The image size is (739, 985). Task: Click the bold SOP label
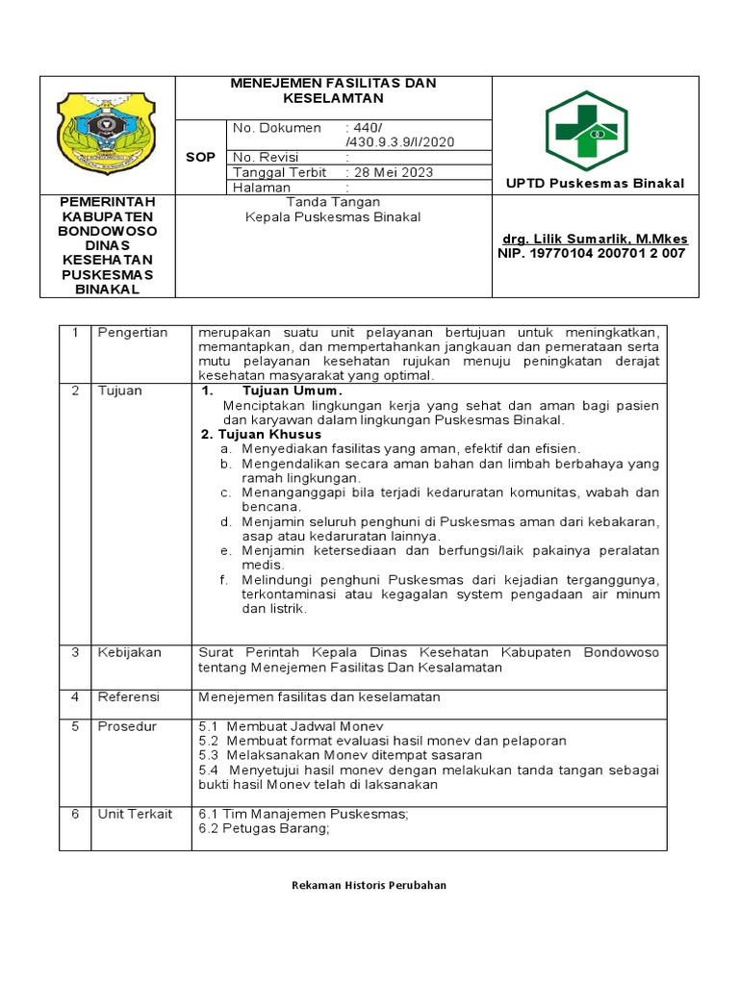pyautogui.click(x=200, y=157)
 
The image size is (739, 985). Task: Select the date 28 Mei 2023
pyautogui.click(x=393, y=172)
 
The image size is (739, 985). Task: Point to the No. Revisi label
pyautogui.click(x=267, y=157)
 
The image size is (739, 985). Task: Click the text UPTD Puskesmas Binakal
pyautogui.click(x=596, y=184)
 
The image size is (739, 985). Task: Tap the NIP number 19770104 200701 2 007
pyautogui.click(x=591, y=253)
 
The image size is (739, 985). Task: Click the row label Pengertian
pyautogui.click(x=132, y=333)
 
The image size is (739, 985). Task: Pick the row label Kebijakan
pyautogui.click(x=130, y=652)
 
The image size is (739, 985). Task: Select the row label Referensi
pyautogui.click(x=129, y=696)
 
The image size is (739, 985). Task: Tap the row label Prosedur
pyautogui.click(x=127, y=726)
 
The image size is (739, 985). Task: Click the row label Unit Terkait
pyautogui.click(x=135, y=814)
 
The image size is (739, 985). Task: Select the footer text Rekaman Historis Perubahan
pyautogui.click(x=369, y=885)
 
